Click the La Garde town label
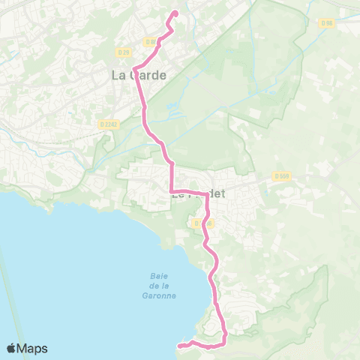[x=139, y=75]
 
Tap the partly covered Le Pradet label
[x=198, y=193]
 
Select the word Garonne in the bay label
[x=157, y=295]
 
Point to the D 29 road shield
[x=124, y=52]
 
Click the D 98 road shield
[x=326, y=23]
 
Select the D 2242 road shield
[x=109, y=124]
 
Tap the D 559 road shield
[x=281, y=176]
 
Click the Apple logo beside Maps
[x=12, y=348]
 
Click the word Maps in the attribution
[x=34, y=348]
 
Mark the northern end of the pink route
[x=175, y=12]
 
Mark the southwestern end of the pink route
[x=179, y=346]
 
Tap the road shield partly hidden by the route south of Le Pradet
[x=200, y=223]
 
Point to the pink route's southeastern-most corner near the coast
[x=224, y=342]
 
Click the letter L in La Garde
[x=115, y=75]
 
